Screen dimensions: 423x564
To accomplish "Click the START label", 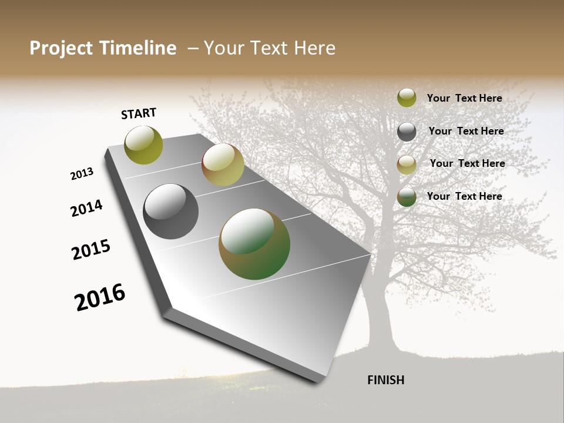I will pos(139,113).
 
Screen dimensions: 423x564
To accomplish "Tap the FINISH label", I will pos(385,380).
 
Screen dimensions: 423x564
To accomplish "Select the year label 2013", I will pos(82,174).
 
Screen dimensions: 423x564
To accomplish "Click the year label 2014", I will pos(86,208).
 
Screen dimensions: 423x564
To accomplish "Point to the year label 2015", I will pos(91,249).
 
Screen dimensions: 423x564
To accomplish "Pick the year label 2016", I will pos(100,297).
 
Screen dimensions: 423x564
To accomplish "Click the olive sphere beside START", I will pos(143,145).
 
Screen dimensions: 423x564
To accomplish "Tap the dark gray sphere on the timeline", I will pos(170,211).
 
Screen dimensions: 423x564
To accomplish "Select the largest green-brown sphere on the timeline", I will pos(254,244).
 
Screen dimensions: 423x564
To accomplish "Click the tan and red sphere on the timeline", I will pos(223,164).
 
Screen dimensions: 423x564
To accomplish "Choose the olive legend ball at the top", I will pos(407,98).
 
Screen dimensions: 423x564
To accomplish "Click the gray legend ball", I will pos(407,132).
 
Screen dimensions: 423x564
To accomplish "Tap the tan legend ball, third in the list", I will pos(407,164).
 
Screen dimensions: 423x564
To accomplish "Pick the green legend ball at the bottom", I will pos(407,197).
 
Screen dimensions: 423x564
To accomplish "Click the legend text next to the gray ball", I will pos(466,131).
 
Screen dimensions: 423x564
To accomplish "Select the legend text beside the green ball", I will pos(464,196).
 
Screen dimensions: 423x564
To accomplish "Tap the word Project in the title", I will pos(61,48).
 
